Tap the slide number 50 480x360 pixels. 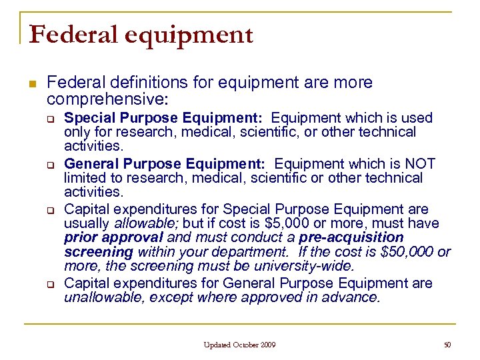447,345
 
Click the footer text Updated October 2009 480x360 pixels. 240,345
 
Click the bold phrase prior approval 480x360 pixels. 113,237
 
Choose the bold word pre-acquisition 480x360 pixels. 351,237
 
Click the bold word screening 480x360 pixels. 99,251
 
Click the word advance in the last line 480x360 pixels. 357,297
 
